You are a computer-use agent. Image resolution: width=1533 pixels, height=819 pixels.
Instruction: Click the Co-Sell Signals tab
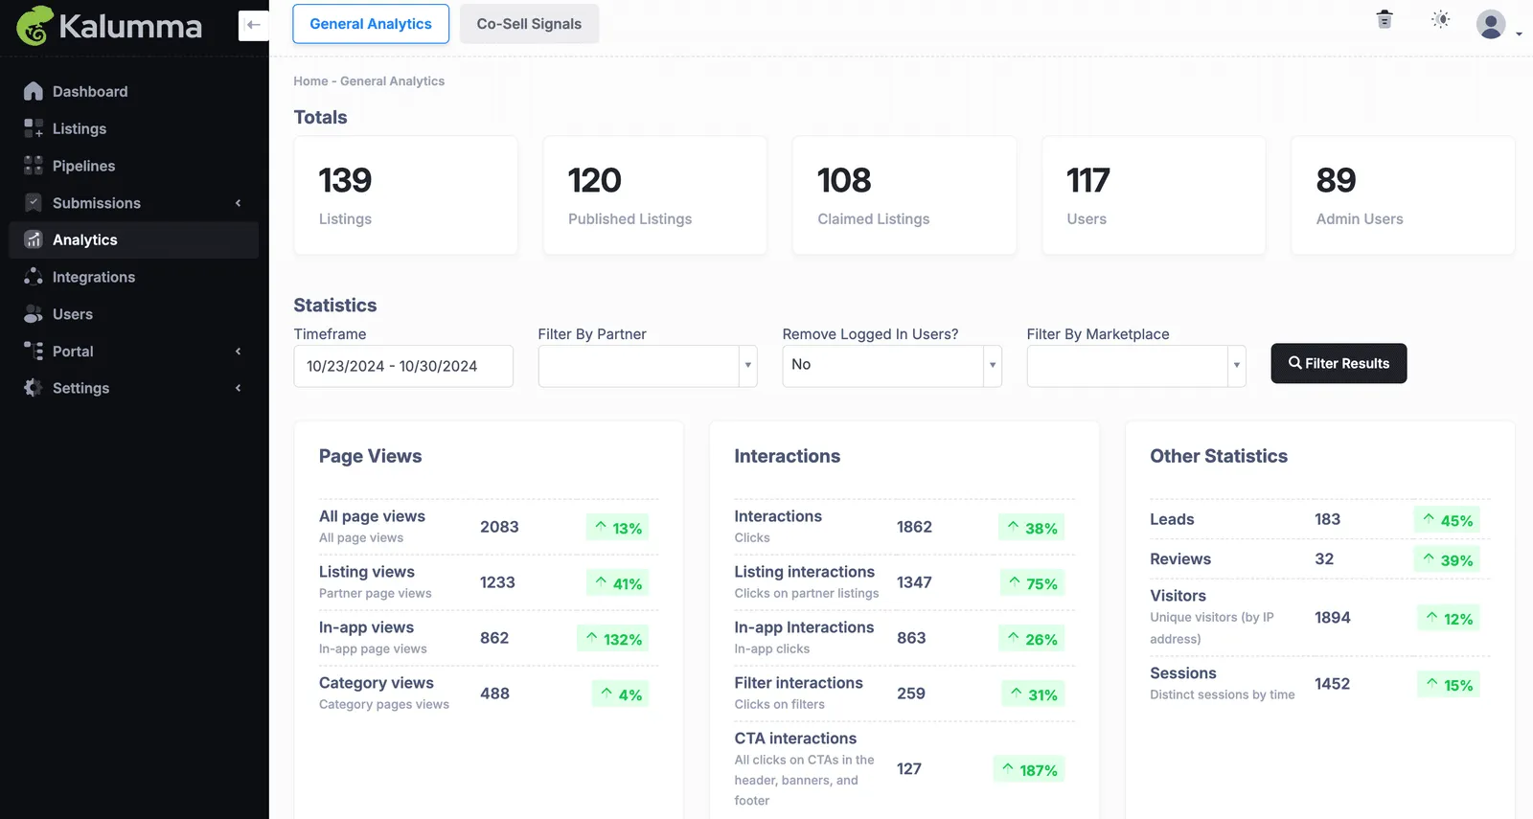(x=529, y=24)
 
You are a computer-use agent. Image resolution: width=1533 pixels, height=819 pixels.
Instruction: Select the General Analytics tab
(x=370, y=24)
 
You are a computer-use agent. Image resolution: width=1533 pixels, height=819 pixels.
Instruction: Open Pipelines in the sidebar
(x=83, y=166)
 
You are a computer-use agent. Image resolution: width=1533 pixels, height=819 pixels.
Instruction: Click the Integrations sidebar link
(x=94, y=277)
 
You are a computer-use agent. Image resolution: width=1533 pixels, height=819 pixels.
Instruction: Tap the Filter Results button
(x=1339, y=363)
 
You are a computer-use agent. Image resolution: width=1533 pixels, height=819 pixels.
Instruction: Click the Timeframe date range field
(x=403, y=366)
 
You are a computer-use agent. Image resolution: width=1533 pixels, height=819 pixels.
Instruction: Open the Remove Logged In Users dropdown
(x=892, y=366)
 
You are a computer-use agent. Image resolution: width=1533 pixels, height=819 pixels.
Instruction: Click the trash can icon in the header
(x=1384, y=19)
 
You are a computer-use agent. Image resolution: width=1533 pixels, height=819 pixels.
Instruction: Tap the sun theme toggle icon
(x=1441, y=19)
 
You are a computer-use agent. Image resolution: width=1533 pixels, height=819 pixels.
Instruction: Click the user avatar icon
(x=1491, y=25)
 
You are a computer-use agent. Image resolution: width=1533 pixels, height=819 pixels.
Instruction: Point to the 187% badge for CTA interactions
(x=1029, y=770)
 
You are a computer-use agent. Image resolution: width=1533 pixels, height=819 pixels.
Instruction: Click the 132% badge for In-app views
(x=612, y=638)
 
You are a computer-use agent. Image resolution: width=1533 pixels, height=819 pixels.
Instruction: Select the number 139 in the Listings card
(x=345, y=180)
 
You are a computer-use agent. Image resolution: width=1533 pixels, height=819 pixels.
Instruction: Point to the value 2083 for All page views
(x=499, y=527)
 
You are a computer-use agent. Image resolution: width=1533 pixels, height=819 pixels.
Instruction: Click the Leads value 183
(x=1327, y=519)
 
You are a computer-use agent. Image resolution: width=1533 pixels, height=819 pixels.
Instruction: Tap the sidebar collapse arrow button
(x=253, y=25)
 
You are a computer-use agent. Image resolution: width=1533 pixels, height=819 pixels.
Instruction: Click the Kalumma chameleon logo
(x=34, y=25)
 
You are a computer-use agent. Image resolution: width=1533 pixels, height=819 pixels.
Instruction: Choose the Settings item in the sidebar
(x=80, y=388)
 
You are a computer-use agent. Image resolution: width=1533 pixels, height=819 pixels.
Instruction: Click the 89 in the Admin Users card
(x=1336, y=180)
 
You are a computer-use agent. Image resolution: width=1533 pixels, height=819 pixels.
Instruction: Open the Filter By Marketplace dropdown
(x=1136, y=366)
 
